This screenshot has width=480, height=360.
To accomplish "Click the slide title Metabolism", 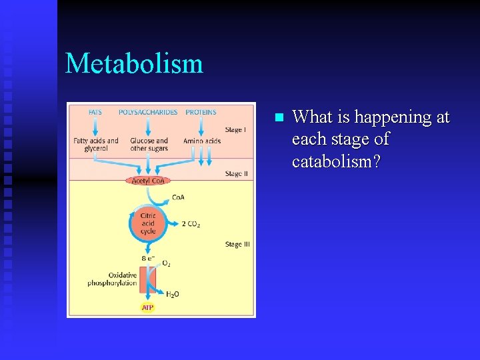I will pyautogui.click(x=134, y=64).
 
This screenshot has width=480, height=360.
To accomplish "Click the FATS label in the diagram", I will pyautogui.click(x=95, y=112).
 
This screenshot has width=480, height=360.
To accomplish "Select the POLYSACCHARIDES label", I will pyautogui.click(x=148, y=112).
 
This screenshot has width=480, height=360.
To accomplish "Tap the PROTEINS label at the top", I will pyautogui.click(x=201, y=112).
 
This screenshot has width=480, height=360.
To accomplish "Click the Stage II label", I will pyautogui.click(x=237, y=174).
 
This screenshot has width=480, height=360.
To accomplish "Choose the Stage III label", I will pyautogui.click(x=237, y=245).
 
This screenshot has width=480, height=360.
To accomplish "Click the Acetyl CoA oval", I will pyautogui.click(x=147, y=181).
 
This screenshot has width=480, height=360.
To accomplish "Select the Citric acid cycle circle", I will pyautogui.click(x=148, y=223).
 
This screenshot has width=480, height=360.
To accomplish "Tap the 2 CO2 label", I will pyautogui.click(x=191, y=225).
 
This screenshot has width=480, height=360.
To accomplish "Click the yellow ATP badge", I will pyautogui.click(x=147, y=307).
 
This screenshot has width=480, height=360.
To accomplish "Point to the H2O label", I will pyautogui.click(x=172, y=294).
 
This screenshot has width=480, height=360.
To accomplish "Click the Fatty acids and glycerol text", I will pyautogui.click(x=96, y=145).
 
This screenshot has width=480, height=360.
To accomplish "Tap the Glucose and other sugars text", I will pyautogui.click(x=149, y=145).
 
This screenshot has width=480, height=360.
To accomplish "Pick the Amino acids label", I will pyautogui.click(x=202, y=141).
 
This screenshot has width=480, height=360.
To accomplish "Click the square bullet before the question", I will pyautogui.click(x=279, y=118).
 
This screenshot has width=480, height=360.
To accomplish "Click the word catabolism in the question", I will pyautogui.click(x=336, y=162).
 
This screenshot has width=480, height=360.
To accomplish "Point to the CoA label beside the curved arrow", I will pyautogui.click(x=178, y=197).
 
